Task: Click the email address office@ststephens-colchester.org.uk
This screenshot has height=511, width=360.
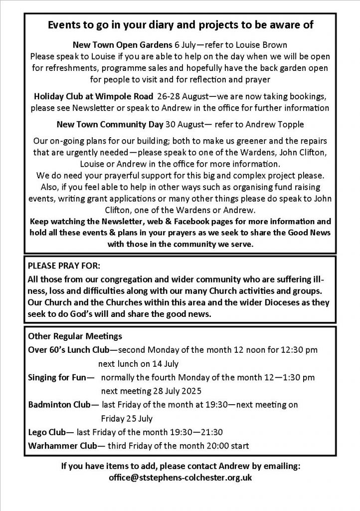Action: coord(180,478)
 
